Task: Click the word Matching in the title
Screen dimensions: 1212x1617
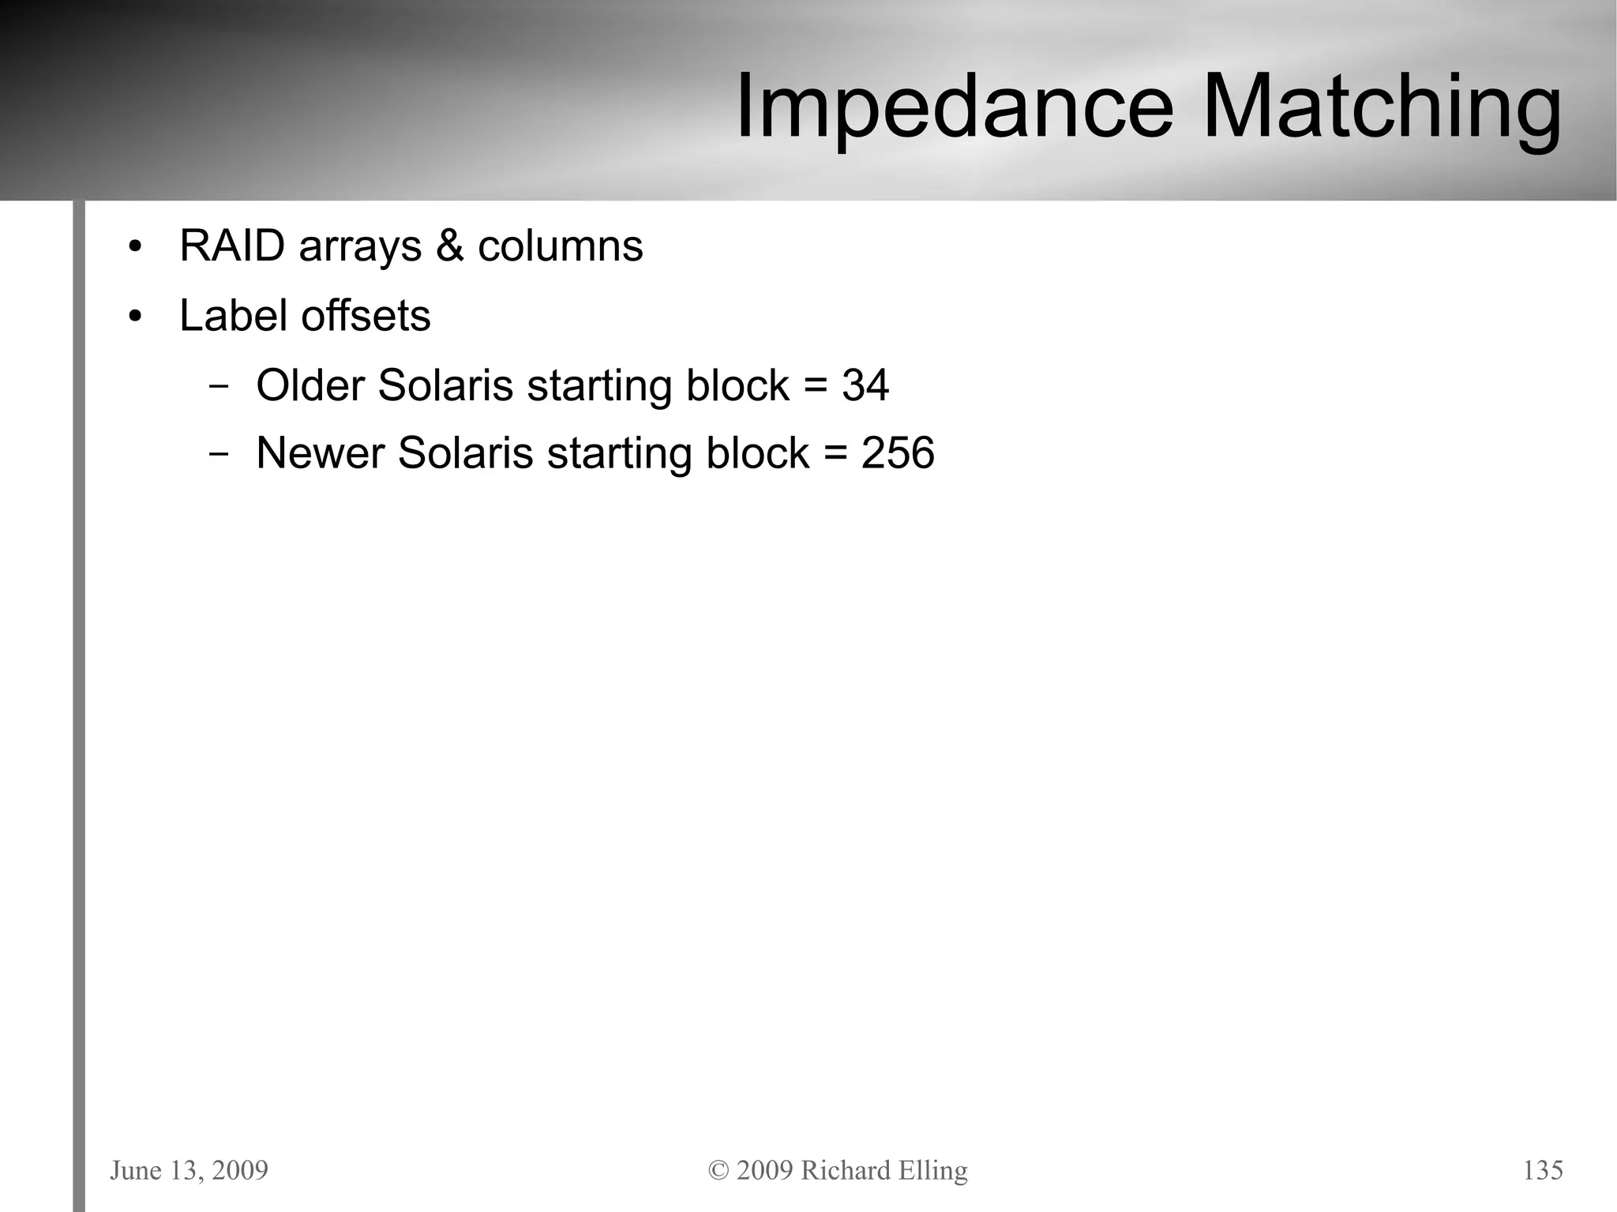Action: pyautogui.click(x=1381, y=107)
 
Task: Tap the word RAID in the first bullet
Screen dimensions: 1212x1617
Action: pyautogui.click(x=232, y=246)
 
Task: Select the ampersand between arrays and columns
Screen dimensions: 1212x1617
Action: pyautogui.click(x=449, y=246)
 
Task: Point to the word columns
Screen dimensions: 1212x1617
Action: pyautogui.click(x=560, y=246)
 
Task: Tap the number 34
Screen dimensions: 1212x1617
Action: pyautogui.click(x=865, y=385)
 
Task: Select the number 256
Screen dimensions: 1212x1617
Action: pyautogui.click(x=898, y=453)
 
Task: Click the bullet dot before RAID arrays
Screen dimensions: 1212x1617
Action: pyautogui.click(x=136, y=247)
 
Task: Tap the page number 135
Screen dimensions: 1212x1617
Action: pyautogui.click(x=1543, y=1170)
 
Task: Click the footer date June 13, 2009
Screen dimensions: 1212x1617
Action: pyautogui.click(x=189, y=1170)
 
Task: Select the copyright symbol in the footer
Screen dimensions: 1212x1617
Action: pyautogui.click(x=718, y=1170)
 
